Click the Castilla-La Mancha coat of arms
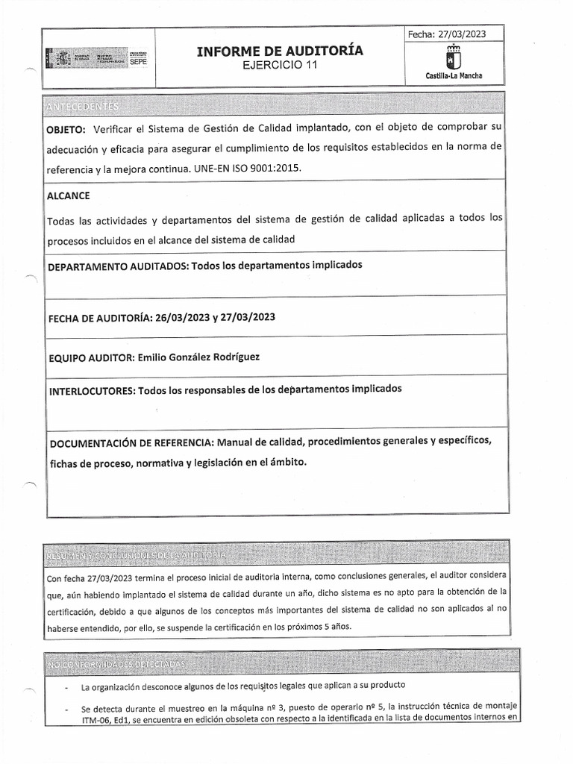453,57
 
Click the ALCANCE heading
69,195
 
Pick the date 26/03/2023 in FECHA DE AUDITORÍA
181,317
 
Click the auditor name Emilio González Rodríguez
198,357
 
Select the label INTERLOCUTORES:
87,389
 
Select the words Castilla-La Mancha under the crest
454,76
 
